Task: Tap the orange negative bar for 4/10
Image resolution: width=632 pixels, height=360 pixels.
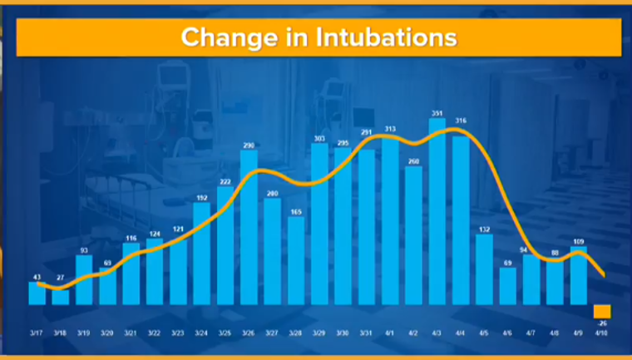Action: click(602, 311)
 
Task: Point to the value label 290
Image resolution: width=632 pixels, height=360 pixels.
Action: click(249, 145)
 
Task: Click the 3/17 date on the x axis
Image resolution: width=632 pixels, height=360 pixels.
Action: click(37, 332)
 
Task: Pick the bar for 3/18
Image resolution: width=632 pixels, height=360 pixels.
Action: click(60, 297)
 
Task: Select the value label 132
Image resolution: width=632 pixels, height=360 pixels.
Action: click(484, 229)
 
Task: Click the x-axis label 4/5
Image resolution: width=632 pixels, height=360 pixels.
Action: click(484, 332)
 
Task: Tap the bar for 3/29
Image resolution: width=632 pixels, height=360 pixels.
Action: click(319, 224)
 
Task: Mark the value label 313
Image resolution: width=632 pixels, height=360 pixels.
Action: click(390, 129)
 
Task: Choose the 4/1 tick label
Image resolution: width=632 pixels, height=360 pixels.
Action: click(390, 332)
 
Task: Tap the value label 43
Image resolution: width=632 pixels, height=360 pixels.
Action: click(37, 276)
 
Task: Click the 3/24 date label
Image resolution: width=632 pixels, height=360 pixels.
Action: click(201, 332)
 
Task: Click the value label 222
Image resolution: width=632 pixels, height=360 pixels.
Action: click(225, 181)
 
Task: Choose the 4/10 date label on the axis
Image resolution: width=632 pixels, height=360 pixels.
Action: click(601, 332)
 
